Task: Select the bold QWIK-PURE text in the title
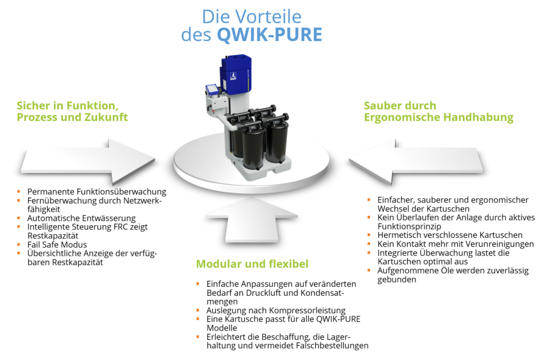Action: (269, 35)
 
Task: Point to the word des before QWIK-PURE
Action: (196, 35)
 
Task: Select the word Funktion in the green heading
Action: (89, 105)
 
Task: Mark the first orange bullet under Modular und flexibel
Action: (198, 284)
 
